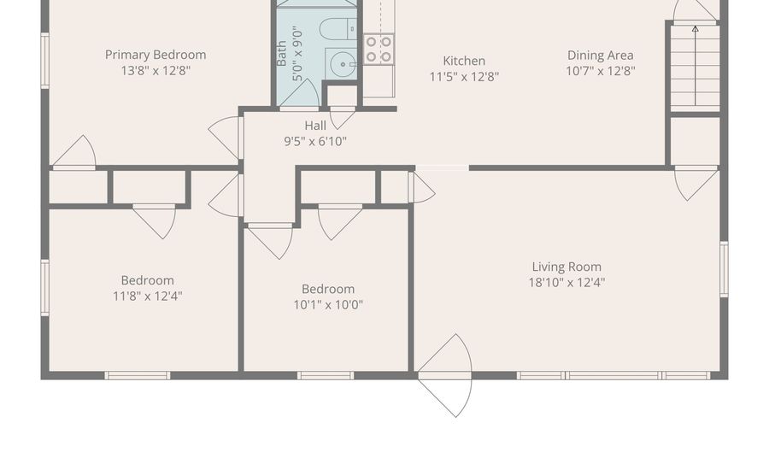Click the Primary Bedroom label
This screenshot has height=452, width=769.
tap(156, 55)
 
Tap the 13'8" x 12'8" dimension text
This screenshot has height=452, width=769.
tap(156, 70)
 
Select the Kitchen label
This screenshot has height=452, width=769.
tap(464, 61)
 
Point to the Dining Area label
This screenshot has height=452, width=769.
tap(601, 56)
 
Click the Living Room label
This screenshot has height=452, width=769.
tap(566, 267)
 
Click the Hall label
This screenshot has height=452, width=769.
tap(315, 126)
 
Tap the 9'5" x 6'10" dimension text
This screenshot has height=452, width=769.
tap(315, 141)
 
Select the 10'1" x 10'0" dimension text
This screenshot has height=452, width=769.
tap(328, 304)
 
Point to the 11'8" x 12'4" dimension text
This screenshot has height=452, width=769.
tap(147, 296)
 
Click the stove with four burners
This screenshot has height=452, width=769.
tap(379, 49)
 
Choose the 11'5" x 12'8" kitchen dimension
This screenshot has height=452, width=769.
tap(464, 76)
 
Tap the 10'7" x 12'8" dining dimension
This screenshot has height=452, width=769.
tap(601, 71)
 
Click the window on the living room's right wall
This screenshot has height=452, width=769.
tap(724, 269)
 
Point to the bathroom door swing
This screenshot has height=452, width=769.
tap(298, 95)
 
